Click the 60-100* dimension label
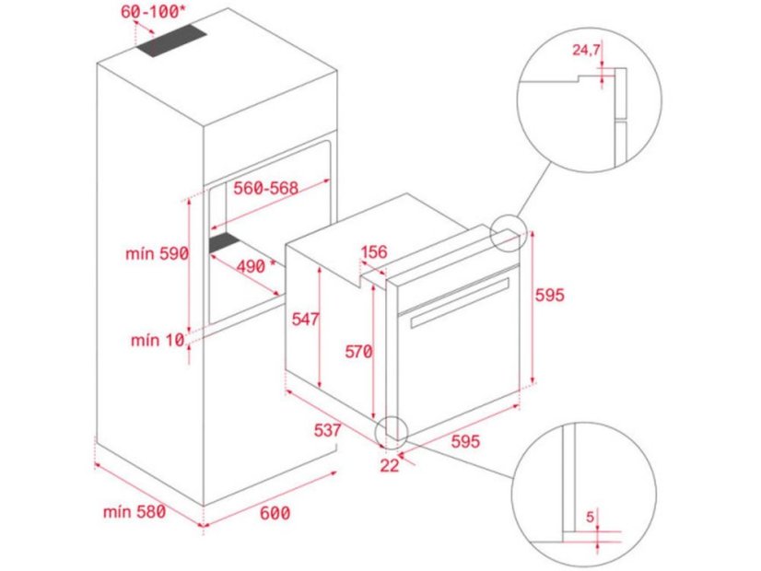click(155, 13)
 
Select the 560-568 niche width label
click(265, 189)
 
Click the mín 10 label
click(158, 342)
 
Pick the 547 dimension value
click(304, 320)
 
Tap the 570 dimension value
click(358, 351)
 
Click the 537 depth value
click(327, 430)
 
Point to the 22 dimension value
click(390, 465)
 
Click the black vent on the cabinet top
click(172, 42)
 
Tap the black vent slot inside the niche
click(225, 243)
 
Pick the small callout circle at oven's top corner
click(508, 233)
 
